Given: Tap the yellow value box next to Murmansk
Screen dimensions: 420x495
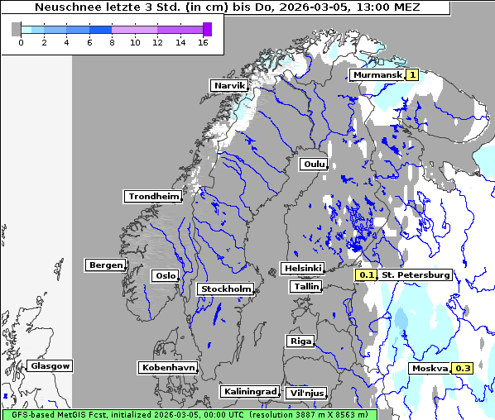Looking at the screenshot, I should [x=412, y=74].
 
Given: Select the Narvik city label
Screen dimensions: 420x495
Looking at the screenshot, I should [x=228, y=85].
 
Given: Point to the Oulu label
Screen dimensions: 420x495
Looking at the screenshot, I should [x=313, y=164].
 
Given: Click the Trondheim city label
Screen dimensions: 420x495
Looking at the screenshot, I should [x=153, y=196].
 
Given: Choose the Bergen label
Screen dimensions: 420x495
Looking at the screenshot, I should [x=104, y=265].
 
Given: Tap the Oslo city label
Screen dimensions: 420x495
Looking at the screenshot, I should [x=164, y=275].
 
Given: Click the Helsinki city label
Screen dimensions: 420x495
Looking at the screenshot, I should [x=302, y=268].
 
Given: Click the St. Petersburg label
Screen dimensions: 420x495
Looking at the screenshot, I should [x=416, y=274].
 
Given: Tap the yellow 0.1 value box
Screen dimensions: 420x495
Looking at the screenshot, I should [x=366, y=274].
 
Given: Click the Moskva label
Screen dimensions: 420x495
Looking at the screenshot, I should [x=430, y=368].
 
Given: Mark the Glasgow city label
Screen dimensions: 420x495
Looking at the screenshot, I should [x=50, y=365].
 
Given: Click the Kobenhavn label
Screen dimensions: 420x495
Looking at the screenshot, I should [x=167, y=366].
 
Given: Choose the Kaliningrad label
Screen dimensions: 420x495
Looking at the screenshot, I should [x=249, y=391].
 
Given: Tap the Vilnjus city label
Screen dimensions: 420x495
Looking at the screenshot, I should [x=305, y=393].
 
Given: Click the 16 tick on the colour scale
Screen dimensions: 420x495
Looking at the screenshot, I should [x=203, y=42].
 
